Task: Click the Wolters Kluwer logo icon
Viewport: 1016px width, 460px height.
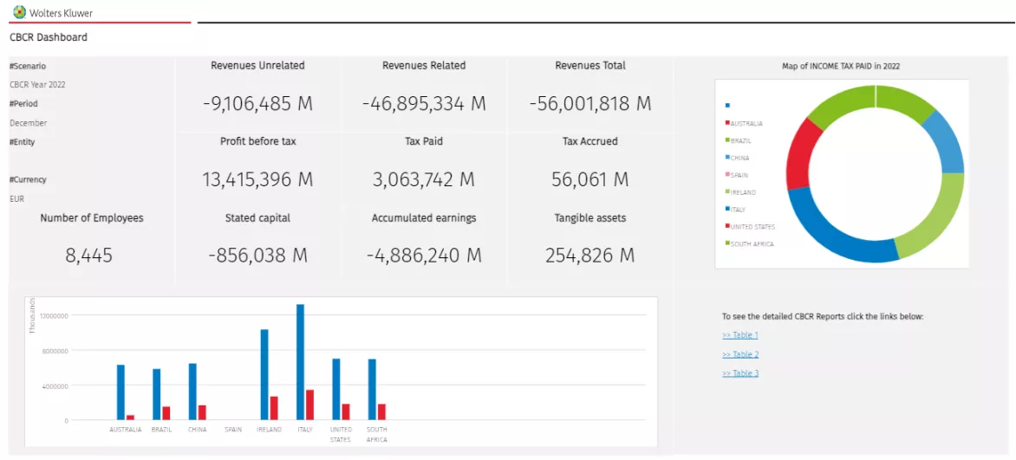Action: (x=19, y=12)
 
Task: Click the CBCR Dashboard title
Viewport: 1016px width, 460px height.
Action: (x=49, y=37)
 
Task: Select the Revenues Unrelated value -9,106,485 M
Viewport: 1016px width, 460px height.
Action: (x=257, y=104)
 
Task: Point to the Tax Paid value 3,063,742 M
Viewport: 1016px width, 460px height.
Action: (x=423, y=179)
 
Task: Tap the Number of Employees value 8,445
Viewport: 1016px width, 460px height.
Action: (x=89, y=256)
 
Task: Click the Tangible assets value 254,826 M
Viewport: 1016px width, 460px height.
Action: (x=589, y=256)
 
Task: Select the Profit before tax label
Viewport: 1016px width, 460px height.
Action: (x=257, y=141)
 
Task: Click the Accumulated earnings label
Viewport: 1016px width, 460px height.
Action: (x=423, y=218)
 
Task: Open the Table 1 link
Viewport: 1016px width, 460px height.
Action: (x=740, y=335)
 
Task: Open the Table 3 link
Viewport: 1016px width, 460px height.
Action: (x=740, y=373)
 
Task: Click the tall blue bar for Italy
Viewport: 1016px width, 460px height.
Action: (x=300, y=362)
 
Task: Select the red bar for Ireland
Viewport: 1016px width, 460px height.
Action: (x=274, y=408)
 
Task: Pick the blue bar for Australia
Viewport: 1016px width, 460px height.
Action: (x=121, y=392)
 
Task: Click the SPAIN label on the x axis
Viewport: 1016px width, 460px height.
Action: (x=233, y=430)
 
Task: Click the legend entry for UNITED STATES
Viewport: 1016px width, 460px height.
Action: (x=752, y=227)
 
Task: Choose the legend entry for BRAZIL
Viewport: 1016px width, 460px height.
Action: (x=740, y=140)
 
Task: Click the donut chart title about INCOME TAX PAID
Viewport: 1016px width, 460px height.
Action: (x=841, y=66)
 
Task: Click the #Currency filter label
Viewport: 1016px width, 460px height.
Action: (x=28, y=180)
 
